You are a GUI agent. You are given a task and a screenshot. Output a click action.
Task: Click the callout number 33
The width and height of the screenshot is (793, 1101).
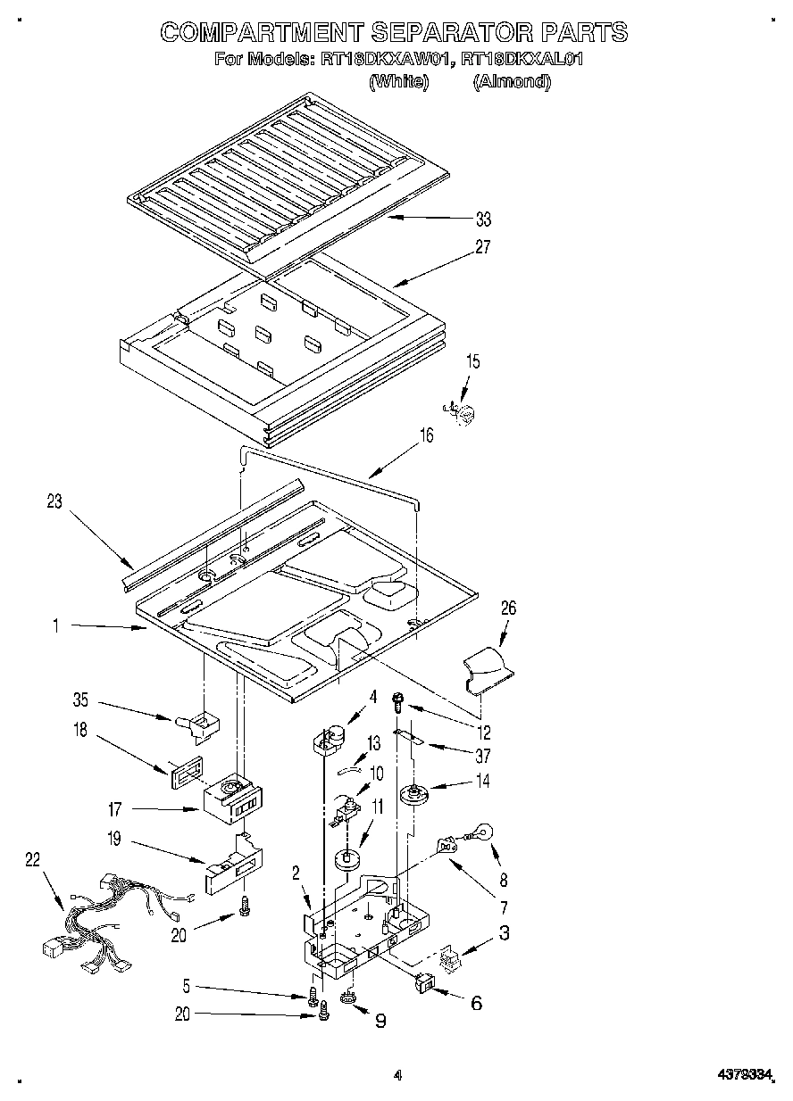coord(484,219)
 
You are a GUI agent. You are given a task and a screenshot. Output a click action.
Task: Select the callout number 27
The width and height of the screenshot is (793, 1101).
coord(484,247)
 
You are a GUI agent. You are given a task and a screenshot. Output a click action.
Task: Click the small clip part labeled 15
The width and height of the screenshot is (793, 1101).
coord(462,412)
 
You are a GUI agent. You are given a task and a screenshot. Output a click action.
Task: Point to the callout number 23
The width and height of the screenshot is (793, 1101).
coord(55,501)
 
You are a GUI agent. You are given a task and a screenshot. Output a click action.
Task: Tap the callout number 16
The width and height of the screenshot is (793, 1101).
coord(426,435)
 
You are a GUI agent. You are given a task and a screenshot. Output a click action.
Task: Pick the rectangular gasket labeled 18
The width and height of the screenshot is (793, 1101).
coord(181,769)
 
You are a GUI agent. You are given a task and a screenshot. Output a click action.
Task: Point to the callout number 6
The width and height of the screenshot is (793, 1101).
coord(476,1003)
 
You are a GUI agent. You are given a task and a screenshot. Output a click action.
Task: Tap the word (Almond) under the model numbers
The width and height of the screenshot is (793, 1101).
coord(511,81)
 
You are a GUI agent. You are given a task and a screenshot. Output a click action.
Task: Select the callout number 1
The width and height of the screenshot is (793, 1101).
coord(55,627)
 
